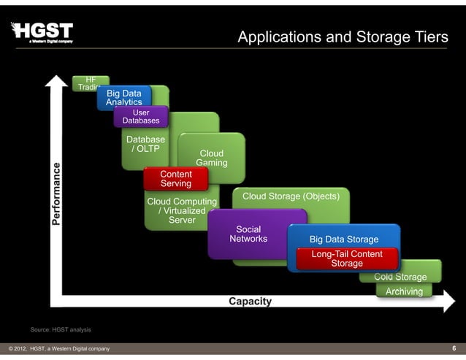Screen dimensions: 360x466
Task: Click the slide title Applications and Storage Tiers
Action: (x=343, y=37)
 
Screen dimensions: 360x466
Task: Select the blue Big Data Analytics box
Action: (x=124, y=98)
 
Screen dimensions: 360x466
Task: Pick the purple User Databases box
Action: (x=141, y=117)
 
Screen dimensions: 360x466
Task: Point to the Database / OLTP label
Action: (x=145, y=144)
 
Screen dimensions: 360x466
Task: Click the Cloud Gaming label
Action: (x=212, y=158)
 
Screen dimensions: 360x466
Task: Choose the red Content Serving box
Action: (x=175, y=179)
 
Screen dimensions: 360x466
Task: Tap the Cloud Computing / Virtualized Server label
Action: (x=182, y=210)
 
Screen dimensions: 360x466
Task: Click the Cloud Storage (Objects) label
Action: (x=291, y=196)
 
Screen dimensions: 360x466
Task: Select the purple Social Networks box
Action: (x=248, y=234)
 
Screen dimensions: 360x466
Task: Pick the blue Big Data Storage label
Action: (x=344, y=240)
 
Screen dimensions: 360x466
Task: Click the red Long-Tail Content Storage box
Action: (x=347, y=258)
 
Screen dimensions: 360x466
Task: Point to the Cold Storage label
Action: (x=400, y=277)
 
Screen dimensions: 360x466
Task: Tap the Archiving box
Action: (x=404, y=291)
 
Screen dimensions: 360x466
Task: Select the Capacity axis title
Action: (x=250, y=302)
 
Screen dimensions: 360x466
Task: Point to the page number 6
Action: (x=454, y=348)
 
